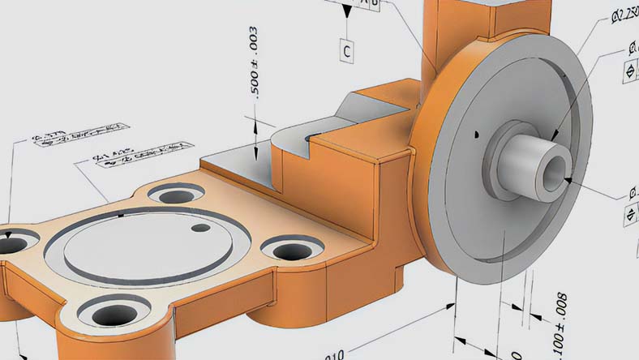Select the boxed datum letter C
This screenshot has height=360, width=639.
[346, 51]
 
